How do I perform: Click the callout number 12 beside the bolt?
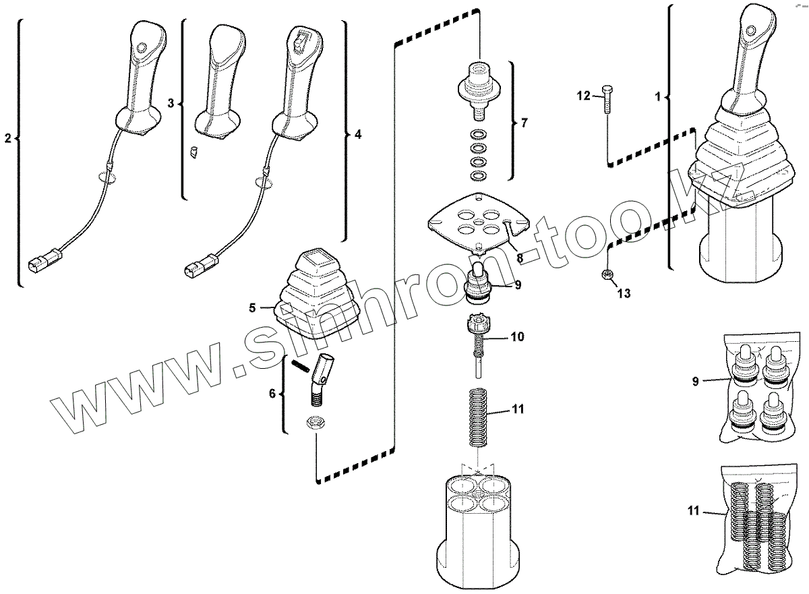[x=582, y=97]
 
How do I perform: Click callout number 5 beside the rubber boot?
[x=252, y=308]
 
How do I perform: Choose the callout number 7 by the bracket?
[x=525, y=123]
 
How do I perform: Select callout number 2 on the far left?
[x=8, y=139]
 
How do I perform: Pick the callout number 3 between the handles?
[x=171, y=103]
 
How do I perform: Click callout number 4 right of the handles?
[x=358, y=134]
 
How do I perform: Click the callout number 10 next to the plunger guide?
[x=517, y=336]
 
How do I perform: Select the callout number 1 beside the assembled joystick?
[x=657, y=96]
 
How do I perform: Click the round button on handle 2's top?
[x=141, y=47]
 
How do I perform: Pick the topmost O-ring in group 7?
[x=478, y=132]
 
